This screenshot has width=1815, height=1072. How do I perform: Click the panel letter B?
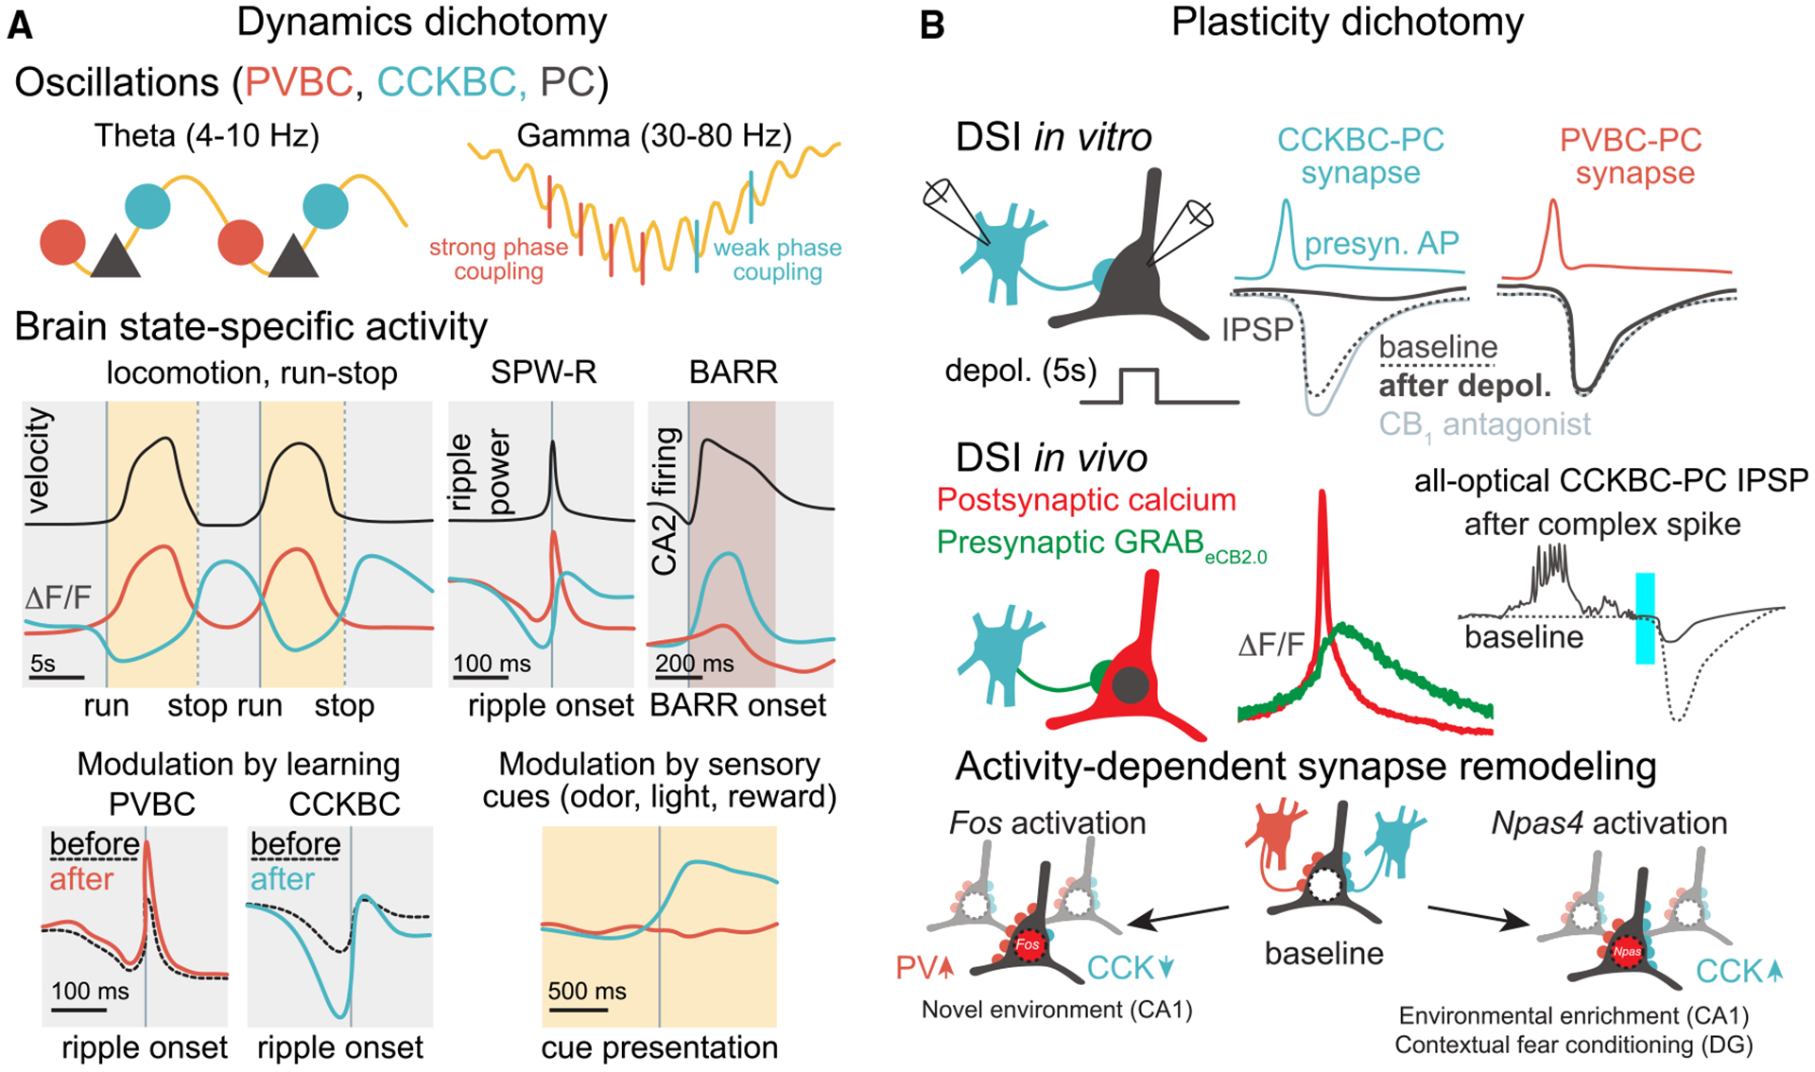(932, 26)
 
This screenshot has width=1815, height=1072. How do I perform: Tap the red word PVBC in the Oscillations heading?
(299, 83)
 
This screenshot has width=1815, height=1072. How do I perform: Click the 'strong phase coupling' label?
(498, 260)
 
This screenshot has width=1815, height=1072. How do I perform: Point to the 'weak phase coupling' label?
(777, 260)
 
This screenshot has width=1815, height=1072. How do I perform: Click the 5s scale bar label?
(43, 664)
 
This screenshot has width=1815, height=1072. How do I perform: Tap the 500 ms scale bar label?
(586, 992)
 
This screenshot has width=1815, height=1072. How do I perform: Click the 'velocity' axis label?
(39, 460)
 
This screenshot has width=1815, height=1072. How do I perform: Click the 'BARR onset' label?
(737, 705)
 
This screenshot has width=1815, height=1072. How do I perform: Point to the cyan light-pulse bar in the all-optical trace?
(1645, 618)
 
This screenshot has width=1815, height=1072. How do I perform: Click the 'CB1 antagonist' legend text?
(1484, 424)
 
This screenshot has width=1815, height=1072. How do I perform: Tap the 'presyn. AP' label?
(1381, 244)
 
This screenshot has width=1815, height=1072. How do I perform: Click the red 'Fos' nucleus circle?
(1028, 944)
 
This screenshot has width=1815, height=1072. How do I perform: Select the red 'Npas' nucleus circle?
(1626, 951)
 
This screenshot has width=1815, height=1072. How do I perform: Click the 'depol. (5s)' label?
(1021, 371)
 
